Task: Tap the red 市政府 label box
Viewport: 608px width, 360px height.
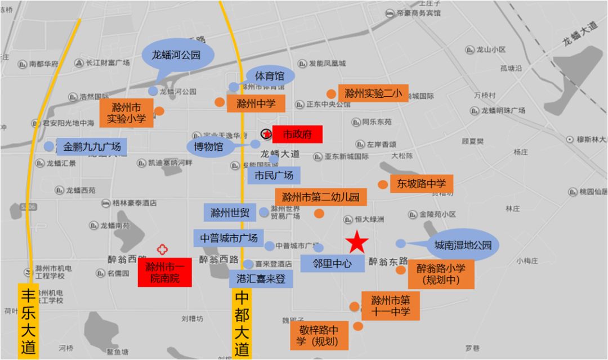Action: click(297, 134)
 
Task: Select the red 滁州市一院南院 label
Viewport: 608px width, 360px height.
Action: click(164, 272)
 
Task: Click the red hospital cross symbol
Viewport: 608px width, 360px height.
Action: click(163, 249)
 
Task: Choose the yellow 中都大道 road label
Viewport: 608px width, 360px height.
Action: click(242, 323)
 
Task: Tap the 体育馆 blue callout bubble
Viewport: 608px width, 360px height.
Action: click(270, 76)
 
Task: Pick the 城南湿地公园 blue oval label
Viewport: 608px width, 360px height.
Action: click(463, 245)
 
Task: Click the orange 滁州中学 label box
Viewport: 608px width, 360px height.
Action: click(256, 103)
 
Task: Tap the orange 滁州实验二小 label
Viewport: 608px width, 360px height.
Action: click(373, 93)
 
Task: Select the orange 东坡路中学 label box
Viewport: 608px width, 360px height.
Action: click(421, 183)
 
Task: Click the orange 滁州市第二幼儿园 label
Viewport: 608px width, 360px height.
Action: click(321, 197)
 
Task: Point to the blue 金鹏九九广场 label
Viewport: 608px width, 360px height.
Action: click(92, 147)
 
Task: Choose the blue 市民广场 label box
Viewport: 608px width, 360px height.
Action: click(274, 175)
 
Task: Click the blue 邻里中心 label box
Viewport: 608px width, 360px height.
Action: click(332, 263)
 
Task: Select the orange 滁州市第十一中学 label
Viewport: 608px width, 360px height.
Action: click(391, 305)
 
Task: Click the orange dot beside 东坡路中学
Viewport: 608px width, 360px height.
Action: click(383, 184)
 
